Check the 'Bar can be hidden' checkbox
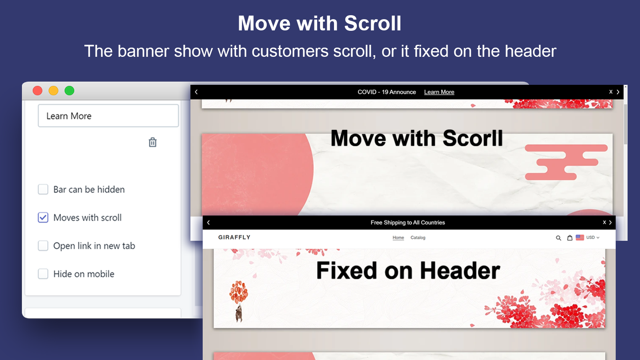click(x=43, y=189)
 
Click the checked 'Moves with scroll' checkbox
click(x=43, y=218)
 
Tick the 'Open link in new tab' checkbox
click(x=43, y=246)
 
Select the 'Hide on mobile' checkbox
click(x=43, y=274)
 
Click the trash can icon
click(x=152, y=142)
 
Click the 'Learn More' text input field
click(x=108, y=116)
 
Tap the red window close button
click(x=38, y=91)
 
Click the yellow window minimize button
click(x=54, y=91)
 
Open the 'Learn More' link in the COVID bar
click(x=439, y=92)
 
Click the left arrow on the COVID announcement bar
click(x=196, y=92)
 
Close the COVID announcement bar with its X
click(x=611, y=92)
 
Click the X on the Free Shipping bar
click(x=604, y=222)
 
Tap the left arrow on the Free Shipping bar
click(x=208, y=222)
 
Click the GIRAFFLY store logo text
click(x=234, y=237)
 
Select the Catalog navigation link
click(x=418, y=238)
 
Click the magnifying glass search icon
click(x=558, y=238)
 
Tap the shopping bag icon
click(x=570, y=238)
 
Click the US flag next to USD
click(x=580, y=237)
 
